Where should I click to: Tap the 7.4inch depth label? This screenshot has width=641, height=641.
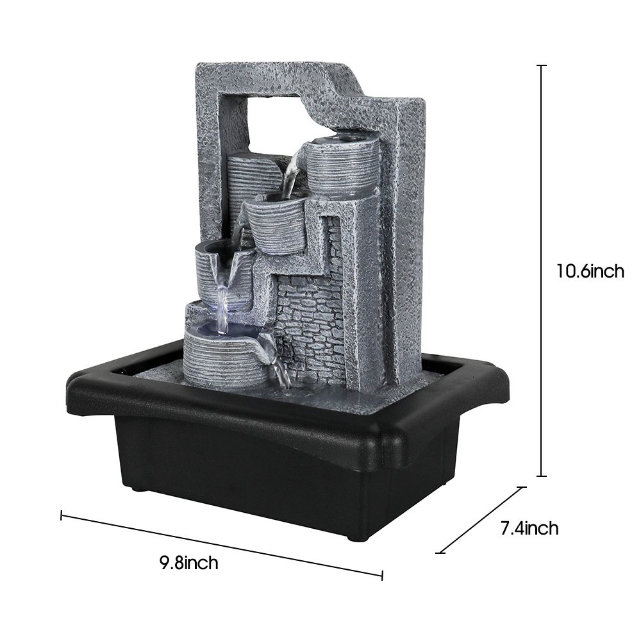pyautogui.click(x=529, y=528)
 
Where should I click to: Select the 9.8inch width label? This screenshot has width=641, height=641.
pyautogui.click(x=189, y=563)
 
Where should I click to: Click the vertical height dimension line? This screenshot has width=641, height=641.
pyautogui.click(x=541, y=271)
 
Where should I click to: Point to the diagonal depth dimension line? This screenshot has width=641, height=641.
pyautogui.click(x=481, y=520)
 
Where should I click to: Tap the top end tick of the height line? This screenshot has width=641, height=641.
pyautogui.click(x=541, y=65)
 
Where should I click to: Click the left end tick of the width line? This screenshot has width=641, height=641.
pyautogui.click(x=62, y=515)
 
